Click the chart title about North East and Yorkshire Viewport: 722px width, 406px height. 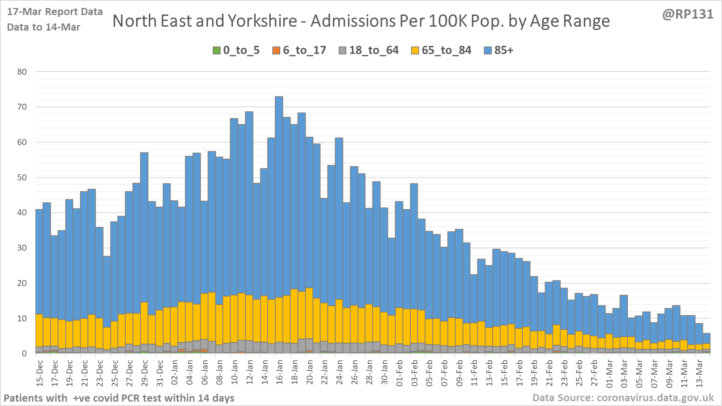tap(361, 21)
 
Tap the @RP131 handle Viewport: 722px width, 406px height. tap(688, 14)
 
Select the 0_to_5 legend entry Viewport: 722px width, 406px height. tap(236, 50)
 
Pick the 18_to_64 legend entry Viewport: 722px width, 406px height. tap(369, 50)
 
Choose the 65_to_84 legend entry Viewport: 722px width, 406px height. tap(441, 50)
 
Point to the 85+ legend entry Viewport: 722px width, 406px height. tap(499, 50)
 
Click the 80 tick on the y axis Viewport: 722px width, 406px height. tap(22, 72)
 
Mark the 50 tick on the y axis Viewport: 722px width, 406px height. tap(22, 178)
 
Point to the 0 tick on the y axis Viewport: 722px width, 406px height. tap(24, 354)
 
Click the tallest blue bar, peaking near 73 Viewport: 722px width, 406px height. tap(279, 199)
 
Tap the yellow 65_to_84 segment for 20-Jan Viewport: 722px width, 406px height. tap(309, 314)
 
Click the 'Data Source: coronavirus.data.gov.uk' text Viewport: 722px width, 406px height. tap(623, 398)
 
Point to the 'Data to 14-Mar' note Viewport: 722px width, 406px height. tap(44, 27)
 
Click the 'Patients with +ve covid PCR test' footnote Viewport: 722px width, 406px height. tap(119, 398)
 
